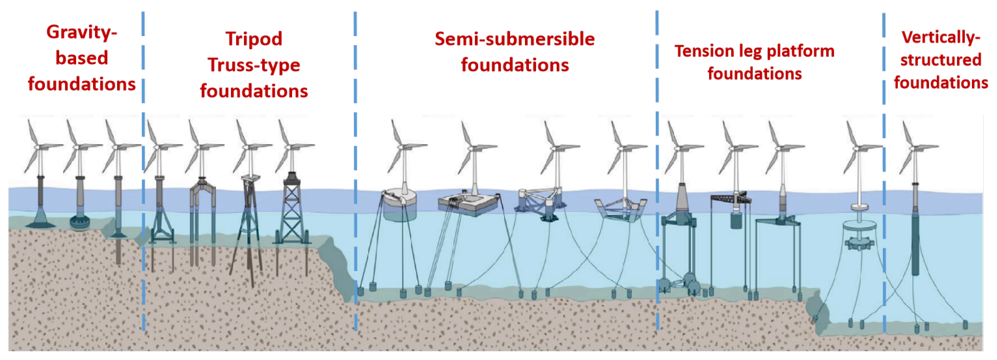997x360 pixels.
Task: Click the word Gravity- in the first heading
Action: point(81,32)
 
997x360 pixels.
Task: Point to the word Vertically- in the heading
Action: point(941,38)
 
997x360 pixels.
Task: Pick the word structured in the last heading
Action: point(941,60)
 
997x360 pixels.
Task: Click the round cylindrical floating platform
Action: point(400,205)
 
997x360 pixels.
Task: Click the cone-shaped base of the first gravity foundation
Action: point(40,221)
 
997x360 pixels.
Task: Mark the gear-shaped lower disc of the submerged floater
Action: point(859,244)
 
